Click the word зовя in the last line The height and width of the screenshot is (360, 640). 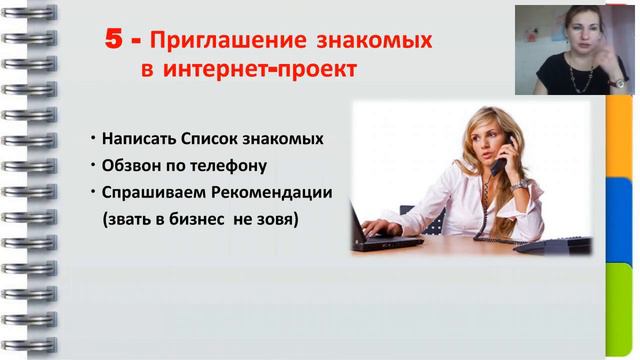(x=278, y=216)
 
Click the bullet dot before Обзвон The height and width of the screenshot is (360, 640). (x=91, y=163)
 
